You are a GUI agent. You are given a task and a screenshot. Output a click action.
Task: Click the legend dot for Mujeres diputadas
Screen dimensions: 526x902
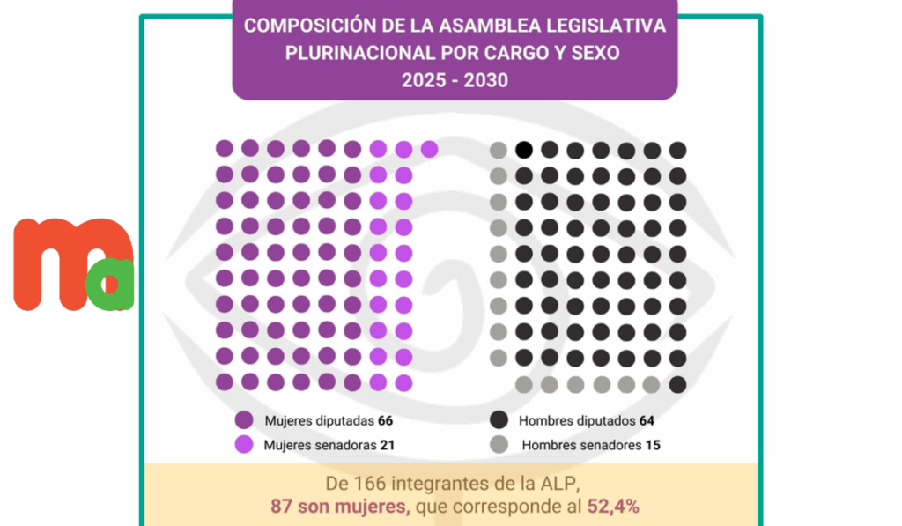pos(244,420)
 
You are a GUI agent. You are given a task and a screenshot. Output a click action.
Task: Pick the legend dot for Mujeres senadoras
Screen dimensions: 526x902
pos(244,445)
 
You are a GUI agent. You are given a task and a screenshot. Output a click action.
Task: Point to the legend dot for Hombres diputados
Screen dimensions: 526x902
pos(499,420)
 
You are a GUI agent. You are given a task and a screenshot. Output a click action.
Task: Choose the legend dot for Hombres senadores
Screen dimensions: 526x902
pos(499,445)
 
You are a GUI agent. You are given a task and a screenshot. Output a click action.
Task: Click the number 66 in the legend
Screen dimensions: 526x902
pos(385,420)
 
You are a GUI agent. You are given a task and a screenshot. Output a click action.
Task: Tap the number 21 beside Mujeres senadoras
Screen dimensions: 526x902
pos(387,445)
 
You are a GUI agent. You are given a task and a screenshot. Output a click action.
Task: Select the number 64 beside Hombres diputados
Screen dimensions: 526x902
pos(647,420)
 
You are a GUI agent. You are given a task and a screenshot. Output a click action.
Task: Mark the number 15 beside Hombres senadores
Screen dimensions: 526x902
pos(653,445)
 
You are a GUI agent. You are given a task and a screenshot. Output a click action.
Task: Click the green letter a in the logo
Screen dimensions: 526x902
pos(113,285)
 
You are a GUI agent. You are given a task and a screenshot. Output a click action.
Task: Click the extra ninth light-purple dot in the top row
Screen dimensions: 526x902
pos(429,149)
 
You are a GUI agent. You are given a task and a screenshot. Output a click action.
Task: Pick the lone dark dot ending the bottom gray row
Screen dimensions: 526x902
pos(677,384)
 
